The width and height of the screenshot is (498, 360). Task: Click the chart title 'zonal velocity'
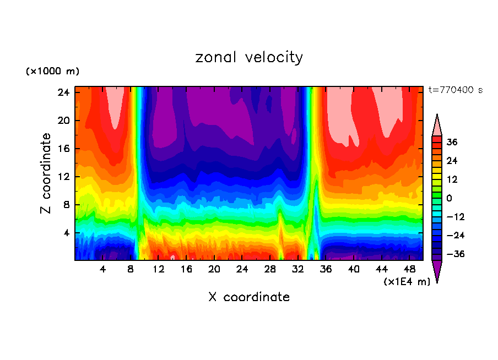[249, 57]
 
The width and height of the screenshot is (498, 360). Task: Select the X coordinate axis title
[249, 297]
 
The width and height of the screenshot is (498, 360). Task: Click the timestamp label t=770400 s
[455, 90]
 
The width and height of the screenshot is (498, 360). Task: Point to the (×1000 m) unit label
[52, 72]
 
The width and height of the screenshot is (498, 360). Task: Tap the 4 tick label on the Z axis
[66, 233]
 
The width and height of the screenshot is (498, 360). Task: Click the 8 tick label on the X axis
[131, 270]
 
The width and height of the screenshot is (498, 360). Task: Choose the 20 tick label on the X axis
[214, 270]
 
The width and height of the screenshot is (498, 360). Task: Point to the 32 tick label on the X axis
[298, 270]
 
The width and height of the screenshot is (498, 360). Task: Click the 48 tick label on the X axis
[409, 270]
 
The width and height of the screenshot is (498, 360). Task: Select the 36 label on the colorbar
[452, 142]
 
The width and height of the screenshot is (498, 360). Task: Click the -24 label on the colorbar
[455, 236]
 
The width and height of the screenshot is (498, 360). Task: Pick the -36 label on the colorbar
[455, 254]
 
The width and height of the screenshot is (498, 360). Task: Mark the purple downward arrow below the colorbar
[437, 270]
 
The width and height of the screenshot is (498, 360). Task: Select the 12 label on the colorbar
[452, 179]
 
